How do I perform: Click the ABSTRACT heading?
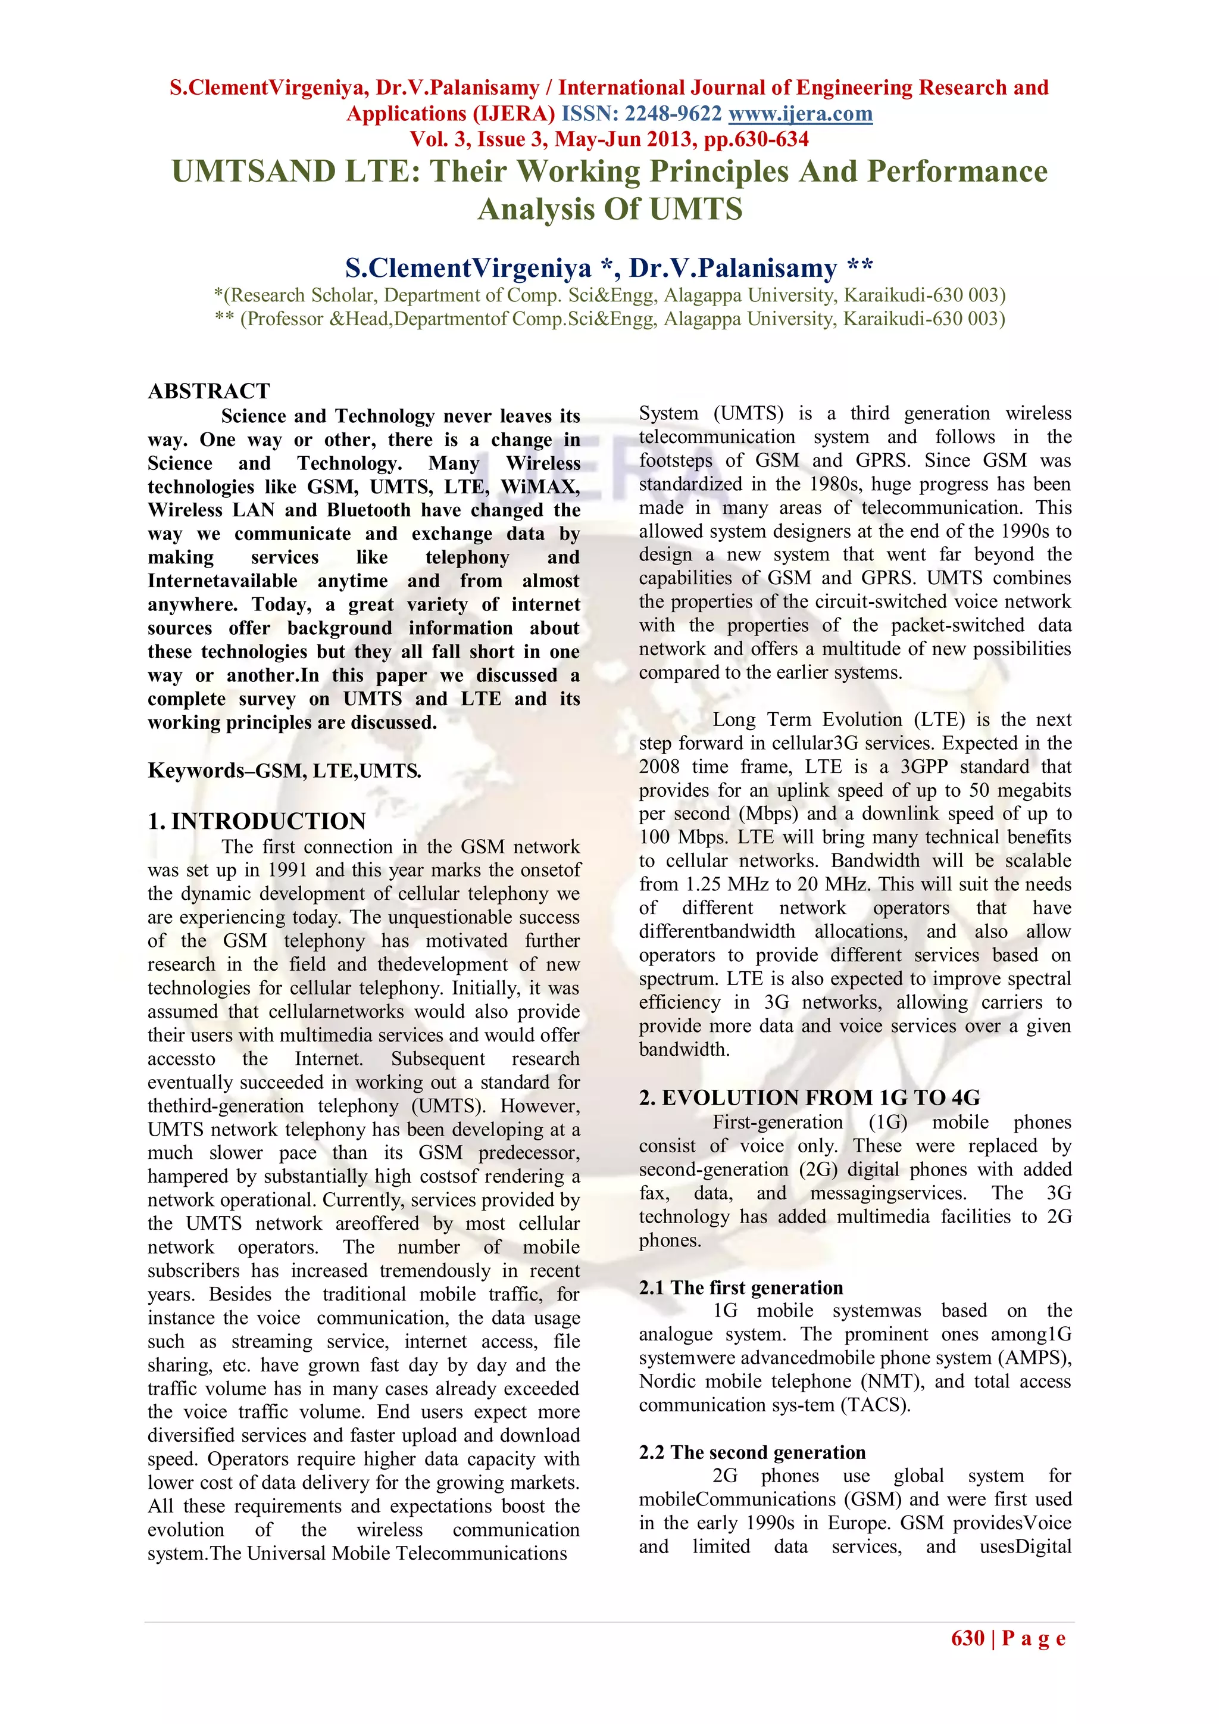click(209, 391)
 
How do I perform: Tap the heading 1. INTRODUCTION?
click(257, 821)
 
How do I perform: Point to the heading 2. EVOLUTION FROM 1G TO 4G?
click(809, 1097)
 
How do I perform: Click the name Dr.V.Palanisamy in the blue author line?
click(733, 268)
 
